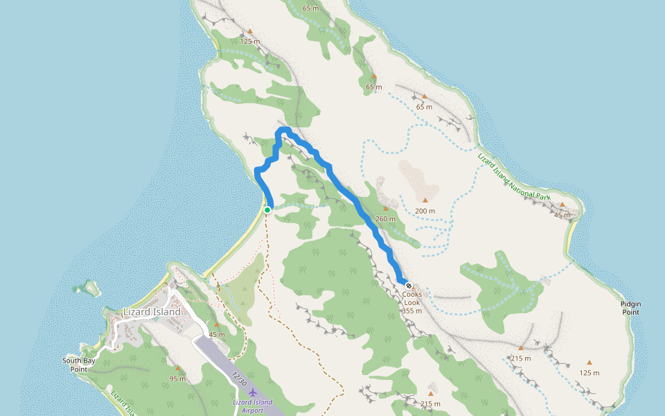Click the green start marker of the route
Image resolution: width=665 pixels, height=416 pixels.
267,209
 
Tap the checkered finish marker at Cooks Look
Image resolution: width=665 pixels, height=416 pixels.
409,285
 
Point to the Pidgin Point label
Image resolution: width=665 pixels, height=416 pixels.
630,308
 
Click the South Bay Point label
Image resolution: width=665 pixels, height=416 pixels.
78,365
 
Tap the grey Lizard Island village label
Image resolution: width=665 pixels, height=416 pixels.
151,312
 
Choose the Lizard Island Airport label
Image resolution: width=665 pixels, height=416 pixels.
252,406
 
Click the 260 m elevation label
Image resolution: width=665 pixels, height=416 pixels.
385,219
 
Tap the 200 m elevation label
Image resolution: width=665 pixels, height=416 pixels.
425,211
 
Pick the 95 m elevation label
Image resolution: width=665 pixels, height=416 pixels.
177,379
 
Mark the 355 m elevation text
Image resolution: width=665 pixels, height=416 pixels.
411,311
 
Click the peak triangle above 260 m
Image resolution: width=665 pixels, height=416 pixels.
385,208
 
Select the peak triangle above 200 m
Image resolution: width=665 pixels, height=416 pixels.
425,200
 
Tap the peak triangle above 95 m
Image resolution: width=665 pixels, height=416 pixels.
177,368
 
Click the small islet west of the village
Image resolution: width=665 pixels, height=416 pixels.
88,286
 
